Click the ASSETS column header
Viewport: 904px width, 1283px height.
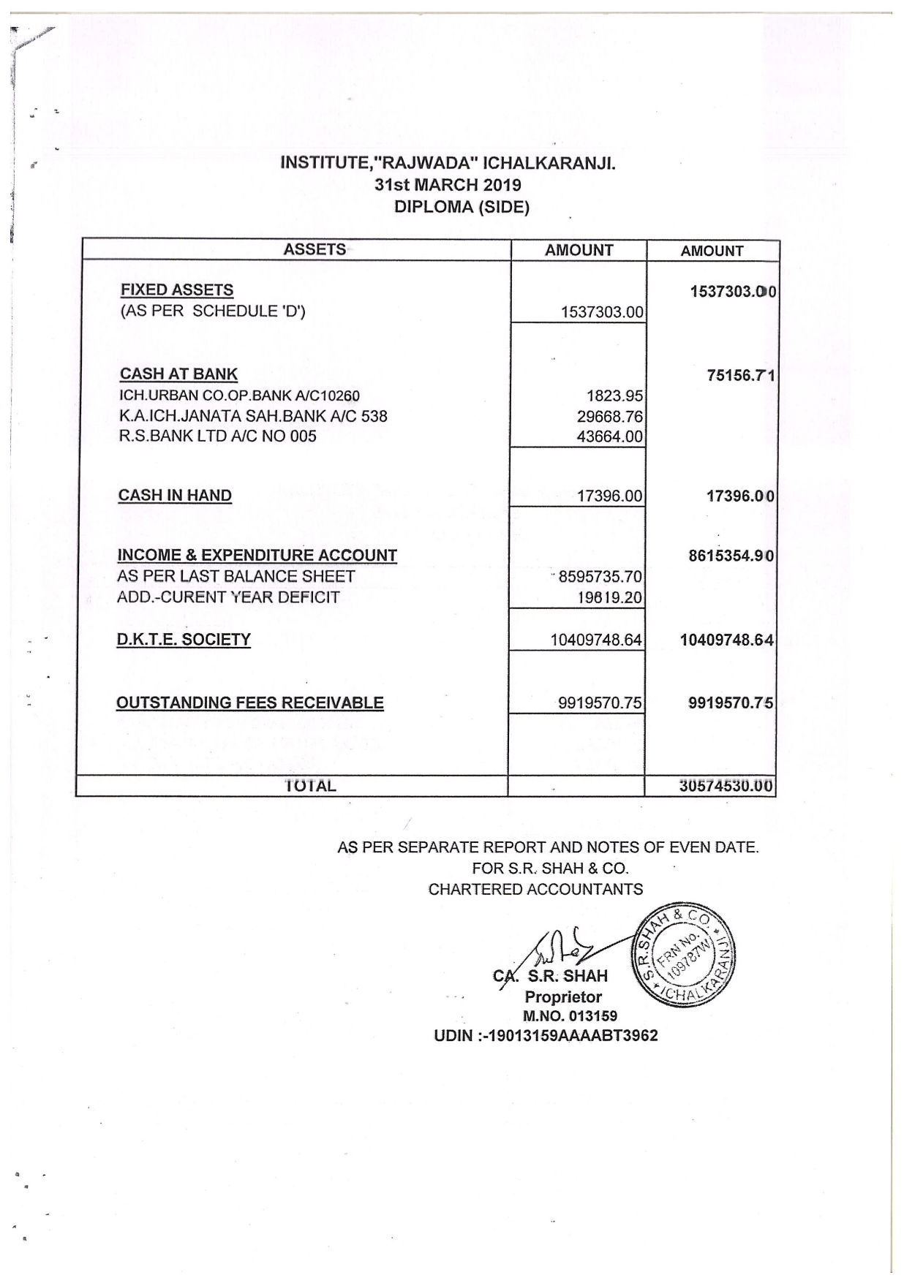[314, 249]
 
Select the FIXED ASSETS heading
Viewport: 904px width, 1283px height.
[177, 290]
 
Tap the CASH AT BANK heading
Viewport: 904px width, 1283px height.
[178, 374]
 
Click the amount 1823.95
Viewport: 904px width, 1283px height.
[614, 396]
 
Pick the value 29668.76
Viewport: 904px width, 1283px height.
[609, 417]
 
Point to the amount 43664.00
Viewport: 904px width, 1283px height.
[609, 437]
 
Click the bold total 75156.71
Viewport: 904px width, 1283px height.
[740, 376]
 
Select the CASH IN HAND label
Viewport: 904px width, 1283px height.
[175, 496]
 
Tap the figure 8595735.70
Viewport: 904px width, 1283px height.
[600, 577]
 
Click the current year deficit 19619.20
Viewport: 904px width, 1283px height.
[609, 598]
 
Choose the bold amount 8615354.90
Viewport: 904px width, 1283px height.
[731, 556]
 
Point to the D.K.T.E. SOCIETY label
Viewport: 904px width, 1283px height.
[184, 640]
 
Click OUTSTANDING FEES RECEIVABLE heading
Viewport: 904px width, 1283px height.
[250, 703]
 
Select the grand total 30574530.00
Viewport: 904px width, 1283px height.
[726, 787]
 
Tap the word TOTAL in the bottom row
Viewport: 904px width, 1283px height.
[310, 787]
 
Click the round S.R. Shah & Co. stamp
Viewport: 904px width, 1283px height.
[682, 954]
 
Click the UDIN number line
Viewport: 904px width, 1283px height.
[546, 1036]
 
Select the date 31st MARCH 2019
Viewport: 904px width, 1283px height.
[448, 185]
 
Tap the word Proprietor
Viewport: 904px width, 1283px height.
[563, 997]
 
